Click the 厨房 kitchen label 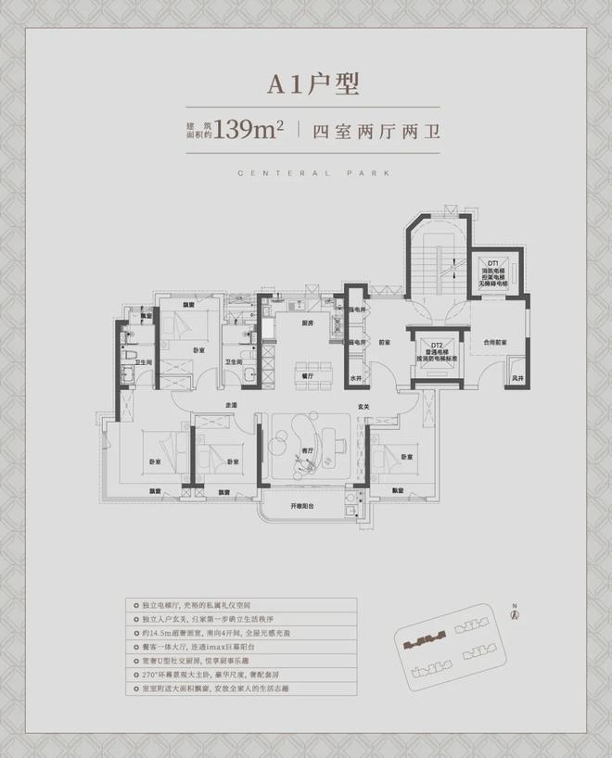pyautogui.click(x=306, y=324)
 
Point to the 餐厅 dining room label pyautogui.click(x=307, y=375)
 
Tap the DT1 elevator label pyautogui.click(x=494, y=262)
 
